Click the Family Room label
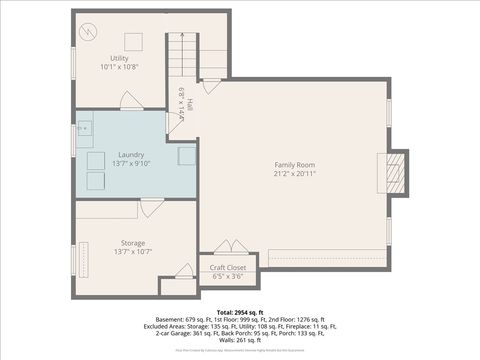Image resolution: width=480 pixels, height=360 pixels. coord(295,164)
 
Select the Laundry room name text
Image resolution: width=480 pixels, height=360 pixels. coord(131,155)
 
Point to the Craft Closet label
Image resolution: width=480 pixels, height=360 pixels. coord(228,268)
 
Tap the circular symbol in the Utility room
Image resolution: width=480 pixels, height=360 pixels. coord(90,31)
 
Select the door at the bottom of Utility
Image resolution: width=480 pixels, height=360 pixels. coord(130,102)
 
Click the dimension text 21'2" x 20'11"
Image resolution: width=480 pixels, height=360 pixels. coord(295,173)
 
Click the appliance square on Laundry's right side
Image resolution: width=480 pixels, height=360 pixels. coord(187,155)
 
